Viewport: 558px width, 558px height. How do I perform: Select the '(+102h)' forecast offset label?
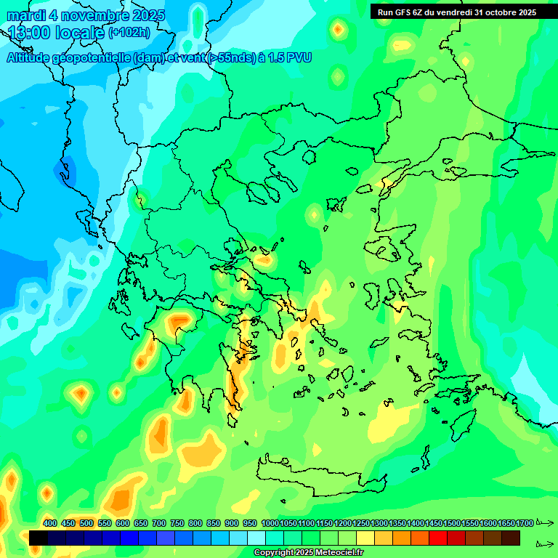pyautogui.click(x=129, y=32)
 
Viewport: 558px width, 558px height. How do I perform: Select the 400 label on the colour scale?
pyautogui.click(x=50, y=523)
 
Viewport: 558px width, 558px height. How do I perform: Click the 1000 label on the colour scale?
pyautogui.click(x=270, y=523)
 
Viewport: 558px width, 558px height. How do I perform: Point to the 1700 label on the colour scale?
pyautogui.click(x=525, y=523)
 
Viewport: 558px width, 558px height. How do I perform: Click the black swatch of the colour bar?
pyautogui.click(x=39, y=538)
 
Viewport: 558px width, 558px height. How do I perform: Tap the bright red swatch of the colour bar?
pyautogui.click(x=438, y=538)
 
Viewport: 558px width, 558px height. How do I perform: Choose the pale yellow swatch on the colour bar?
pyautogui.click(x=365, y=538)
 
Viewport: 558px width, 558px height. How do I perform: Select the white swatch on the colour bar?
pyautogui.click(x=256, y=538)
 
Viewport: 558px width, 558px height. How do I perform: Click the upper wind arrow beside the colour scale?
pyautogui.click(x=544, y=523)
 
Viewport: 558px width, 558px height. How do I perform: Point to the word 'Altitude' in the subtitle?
pyautogui.click(x=29, y=57)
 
